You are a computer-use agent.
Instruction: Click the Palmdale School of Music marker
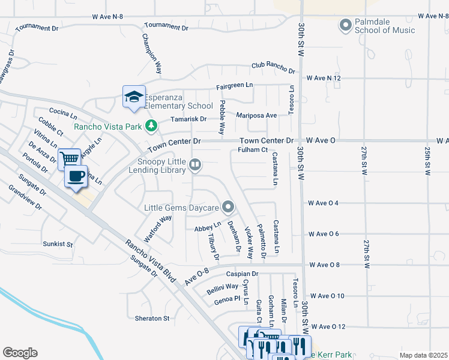click(345, 25)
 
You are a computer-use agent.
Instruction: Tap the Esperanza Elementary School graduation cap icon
click(134, 96)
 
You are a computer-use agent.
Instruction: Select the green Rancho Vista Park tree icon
click(152, 126)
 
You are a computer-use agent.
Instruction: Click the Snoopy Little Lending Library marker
click(195, 164)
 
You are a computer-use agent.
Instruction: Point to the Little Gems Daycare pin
click(228, 208)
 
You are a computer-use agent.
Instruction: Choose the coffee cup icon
click(76, 176)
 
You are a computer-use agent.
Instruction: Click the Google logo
click(20, 353)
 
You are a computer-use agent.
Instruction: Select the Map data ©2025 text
click(423, 355)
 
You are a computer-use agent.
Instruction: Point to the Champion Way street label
click(152, 53)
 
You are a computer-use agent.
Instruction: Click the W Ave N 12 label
click(324, 78)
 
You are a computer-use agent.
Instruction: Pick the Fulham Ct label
click(252, 149)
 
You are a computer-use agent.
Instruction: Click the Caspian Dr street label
click(242, 274)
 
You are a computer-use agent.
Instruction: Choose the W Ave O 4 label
click(323, 203)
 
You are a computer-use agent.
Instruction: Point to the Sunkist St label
click(58, 244)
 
